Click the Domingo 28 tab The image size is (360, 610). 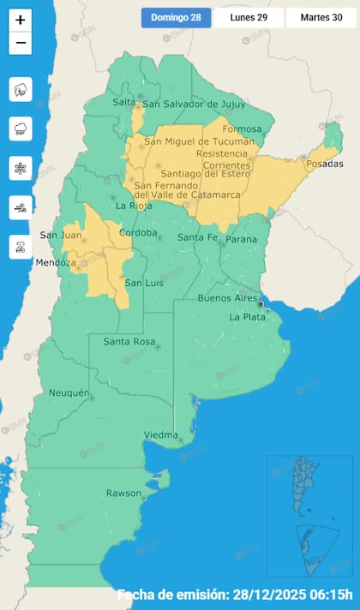tap(176, 17)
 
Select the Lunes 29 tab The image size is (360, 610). tap(249, 17)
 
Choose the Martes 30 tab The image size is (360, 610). tap(321, 17)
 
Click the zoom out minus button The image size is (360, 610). tap(21, 43)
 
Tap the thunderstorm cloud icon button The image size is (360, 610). tap(21, 88)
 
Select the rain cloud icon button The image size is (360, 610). tap(21, 129)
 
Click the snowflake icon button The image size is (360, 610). tap(21, 169)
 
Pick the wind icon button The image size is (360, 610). tap(21, 208)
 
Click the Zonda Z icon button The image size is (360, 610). tap(21, 248)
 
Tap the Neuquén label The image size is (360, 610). tap(69, 392)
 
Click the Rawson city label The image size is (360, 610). tap(123, 493)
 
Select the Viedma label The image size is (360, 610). tap(160, 434)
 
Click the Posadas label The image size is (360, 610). tap(323, 164)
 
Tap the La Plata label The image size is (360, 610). tap(248, 317)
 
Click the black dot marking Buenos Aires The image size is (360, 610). tap(260, 302)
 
